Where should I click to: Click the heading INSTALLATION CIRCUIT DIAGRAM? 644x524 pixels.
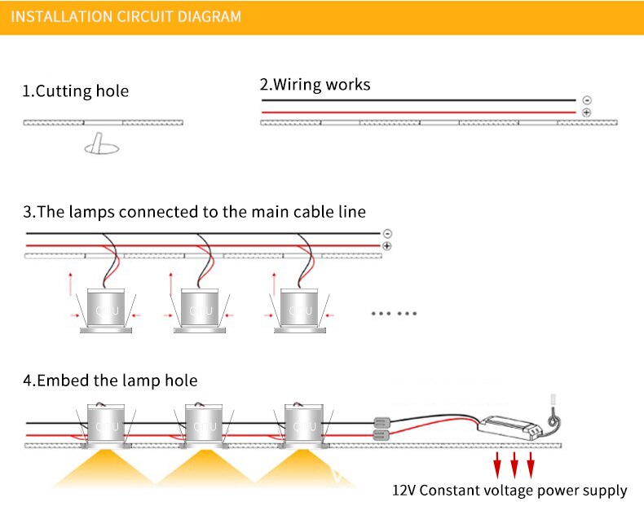(126, 16)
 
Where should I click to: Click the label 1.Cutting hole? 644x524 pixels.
(75, 90)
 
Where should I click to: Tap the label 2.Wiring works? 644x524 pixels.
(315, 84)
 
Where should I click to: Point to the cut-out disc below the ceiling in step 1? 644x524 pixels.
(101, 148)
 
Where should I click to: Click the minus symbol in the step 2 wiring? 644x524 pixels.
(586, 100)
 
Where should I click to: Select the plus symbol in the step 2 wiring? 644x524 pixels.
(586, 112)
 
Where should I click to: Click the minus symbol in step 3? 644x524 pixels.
(386, 234)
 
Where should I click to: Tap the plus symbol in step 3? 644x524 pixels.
(386, 245)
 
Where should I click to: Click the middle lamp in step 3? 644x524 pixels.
(201, 310)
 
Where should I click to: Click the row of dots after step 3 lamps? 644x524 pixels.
(394, 313)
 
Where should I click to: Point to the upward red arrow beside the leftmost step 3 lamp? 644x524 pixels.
(71, 283)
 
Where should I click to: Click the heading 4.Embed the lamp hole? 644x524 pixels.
(110, 381)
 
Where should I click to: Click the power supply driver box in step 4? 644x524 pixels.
(509, 425)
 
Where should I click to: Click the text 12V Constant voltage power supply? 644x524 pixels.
(509, 491)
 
